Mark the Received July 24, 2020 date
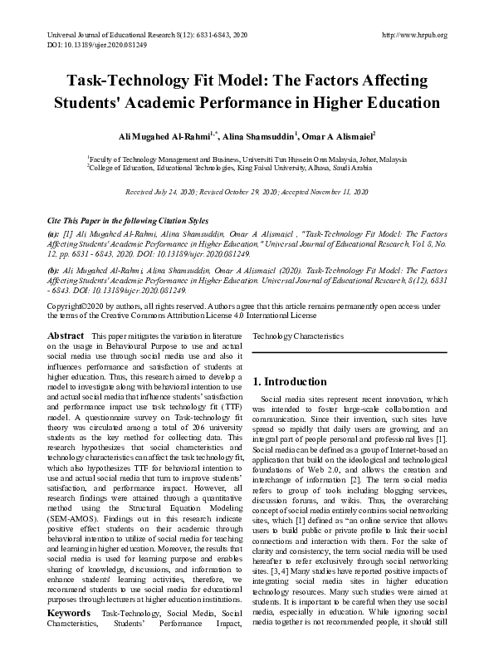point(163,192)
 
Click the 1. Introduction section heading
point(289,382)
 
